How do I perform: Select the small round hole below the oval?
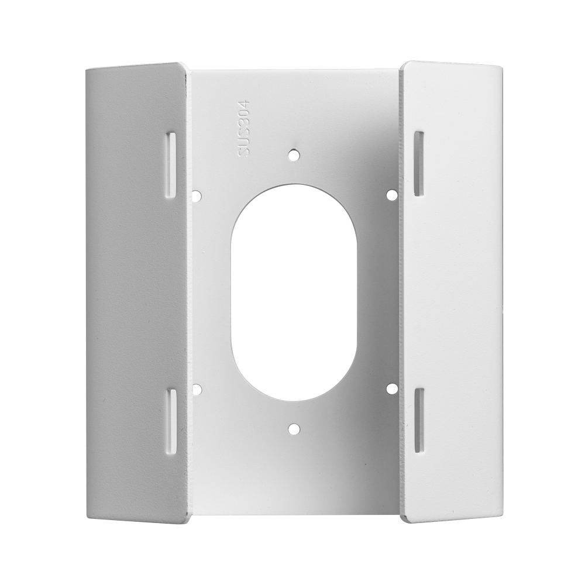(x=295, y=429)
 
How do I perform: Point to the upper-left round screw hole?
(x=197, y=195)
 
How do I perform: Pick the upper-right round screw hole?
(x=392, y=194)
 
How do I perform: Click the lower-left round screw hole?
(x=197, y=390)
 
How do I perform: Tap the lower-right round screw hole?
(x=392, y=388)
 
